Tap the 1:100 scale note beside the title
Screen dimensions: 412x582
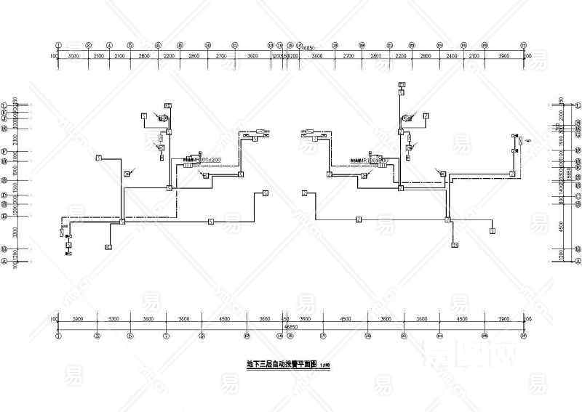(324, 364)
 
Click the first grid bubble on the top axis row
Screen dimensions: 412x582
(59, 45)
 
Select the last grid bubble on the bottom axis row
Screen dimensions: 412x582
(523, 336)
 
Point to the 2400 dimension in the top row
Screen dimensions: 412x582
(452, 56)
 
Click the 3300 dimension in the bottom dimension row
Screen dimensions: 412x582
(113, 319)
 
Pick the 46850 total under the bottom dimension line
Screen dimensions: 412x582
(290, 326)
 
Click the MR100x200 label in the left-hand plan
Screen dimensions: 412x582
(206, 158)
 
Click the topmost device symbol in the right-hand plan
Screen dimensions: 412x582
(401, 86)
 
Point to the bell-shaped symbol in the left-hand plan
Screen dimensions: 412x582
(165, 117)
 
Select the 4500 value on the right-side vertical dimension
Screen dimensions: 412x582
(561, 224)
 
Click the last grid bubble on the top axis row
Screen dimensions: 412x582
(523, 45)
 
